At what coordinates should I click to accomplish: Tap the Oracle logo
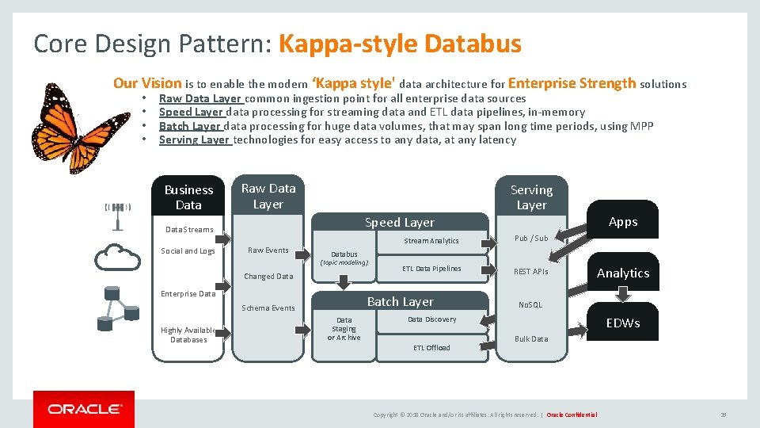tap(84, 409)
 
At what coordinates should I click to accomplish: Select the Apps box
tap(623, 222)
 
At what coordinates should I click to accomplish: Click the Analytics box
tap(623, 273)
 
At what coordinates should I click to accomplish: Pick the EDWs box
tap(623, 323)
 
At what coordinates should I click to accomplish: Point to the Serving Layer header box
tap(531, 197)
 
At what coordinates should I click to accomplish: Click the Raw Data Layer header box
tap(268, 196)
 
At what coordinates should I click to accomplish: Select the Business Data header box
tap(188, 197)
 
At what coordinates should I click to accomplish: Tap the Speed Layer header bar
tap(399, 223)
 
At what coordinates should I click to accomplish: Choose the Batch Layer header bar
tap(400, 301)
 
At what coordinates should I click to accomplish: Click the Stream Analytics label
tap(431, 241)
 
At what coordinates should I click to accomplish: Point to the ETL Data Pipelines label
tap(431, 269)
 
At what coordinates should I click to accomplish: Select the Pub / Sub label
tap(531, 238)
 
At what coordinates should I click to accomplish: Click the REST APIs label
tap(531, 271)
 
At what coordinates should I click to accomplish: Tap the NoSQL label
tap(530, 304)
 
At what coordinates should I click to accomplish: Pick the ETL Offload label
tap(431, 348)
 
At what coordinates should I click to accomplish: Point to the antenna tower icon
tap(118, 214)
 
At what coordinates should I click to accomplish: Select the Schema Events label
tap(268, 308)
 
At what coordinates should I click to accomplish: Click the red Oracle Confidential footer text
tap(572, 415)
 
